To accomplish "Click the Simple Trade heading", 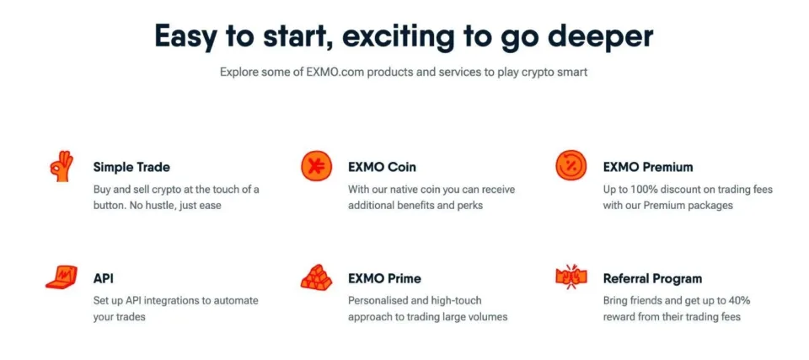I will click(x=131, y=167).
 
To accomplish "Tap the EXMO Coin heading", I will click(x=382, y=167).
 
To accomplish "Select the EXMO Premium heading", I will click(x=648, y=167).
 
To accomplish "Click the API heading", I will click(x=103, y=278).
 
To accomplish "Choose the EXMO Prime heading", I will click(x=384, y=278).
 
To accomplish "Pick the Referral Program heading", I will click(x=652, y=278).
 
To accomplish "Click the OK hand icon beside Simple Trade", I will click(x=62, y=165).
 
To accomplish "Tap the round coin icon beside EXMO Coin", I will click(x=317, y=165).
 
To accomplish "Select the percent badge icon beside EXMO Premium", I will click(x=571, y=165).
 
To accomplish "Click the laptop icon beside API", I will click(x=62, y=277).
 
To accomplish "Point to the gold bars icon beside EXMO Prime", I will click(x=317, y=277).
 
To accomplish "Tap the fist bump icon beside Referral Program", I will click(x=571, y=277).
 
